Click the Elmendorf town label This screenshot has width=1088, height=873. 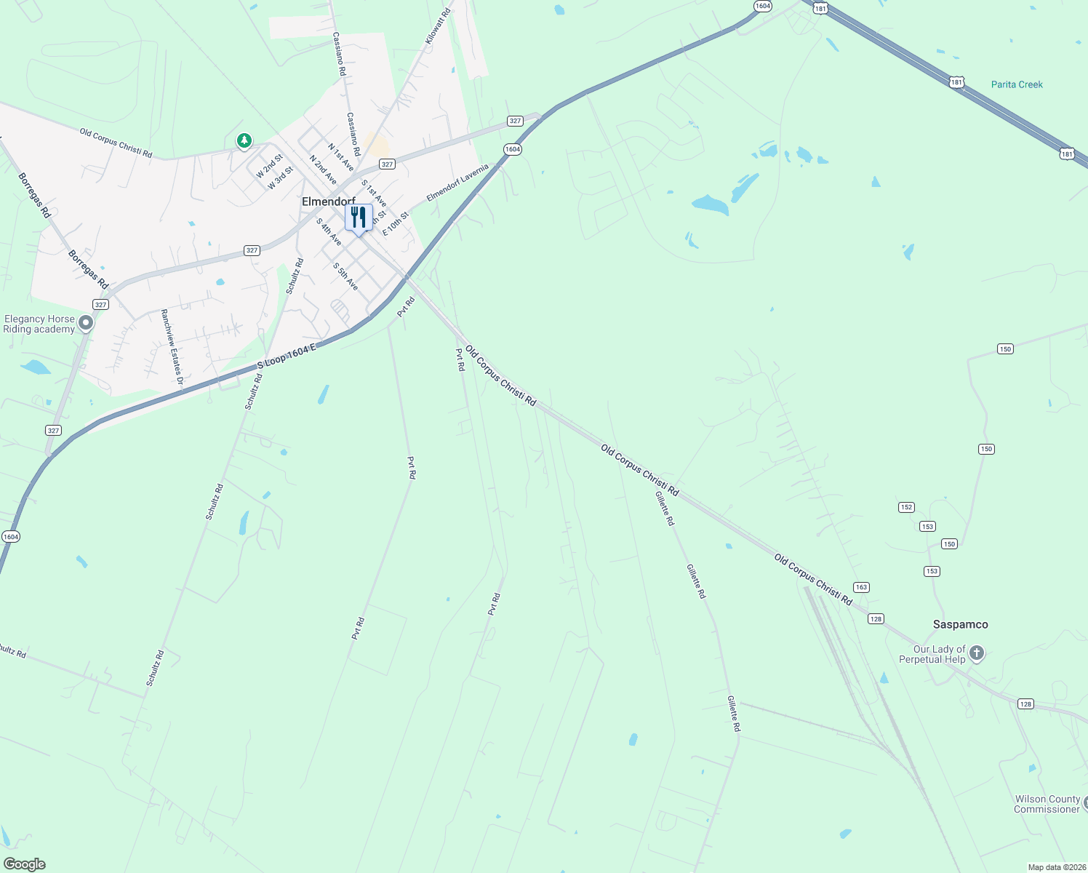coord(328,202)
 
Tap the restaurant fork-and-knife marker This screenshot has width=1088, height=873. coord(359,218)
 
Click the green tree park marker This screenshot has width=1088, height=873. coord(244,140)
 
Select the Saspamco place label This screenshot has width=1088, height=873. coord(960,624)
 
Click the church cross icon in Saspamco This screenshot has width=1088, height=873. coord(977,653)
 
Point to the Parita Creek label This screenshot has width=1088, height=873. coord(1017,84)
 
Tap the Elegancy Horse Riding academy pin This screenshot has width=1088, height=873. coord(86,322)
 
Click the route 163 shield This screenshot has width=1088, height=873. coord(861,587)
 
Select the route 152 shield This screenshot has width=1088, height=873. coord(906,507)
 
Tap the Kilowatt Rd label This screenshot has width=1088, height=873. coord(438,26)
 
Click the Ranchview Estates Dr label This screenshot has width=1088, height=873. coord(172,346)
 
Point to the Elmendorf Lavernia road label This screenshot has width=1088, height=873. coord(457,183)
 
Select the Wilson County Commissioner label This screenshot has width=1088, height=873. coord(1047,804)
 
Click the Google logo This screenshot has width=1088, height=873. coord(24,864)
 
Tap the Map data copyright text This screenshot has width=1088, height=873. coord(1056,867)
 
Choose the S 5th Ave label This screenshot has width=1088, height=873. coord(345,276)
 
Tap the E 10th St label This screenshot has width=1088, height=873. coord(396,224)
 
